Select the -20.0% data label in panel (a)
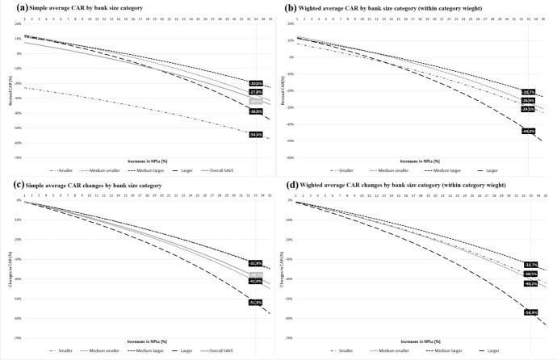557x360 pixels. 256,84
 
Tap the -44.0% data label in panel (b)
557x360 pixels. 530,131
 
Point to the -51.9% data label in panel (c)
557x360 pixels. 256,301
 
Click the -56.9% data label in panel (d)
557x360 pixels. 530,312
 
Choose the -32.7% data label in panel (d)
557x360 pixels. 530,265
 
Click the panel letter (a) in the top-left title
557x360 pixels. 7,6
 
